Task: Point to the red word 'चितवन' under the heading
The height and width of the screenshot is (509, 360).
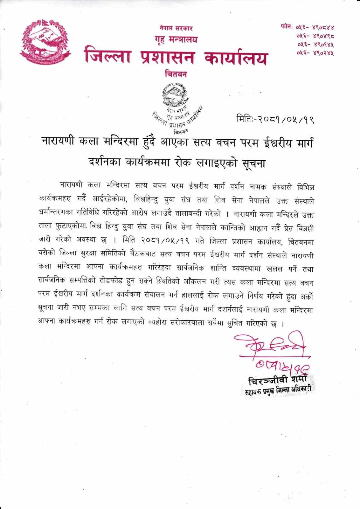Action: pos(176,74)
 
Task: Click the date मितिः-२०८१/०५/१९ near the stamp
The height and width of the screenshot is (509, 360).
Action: pos(275,120)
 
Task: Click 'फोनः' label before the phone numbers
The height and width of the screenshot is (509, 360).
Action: pos(287,27)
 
